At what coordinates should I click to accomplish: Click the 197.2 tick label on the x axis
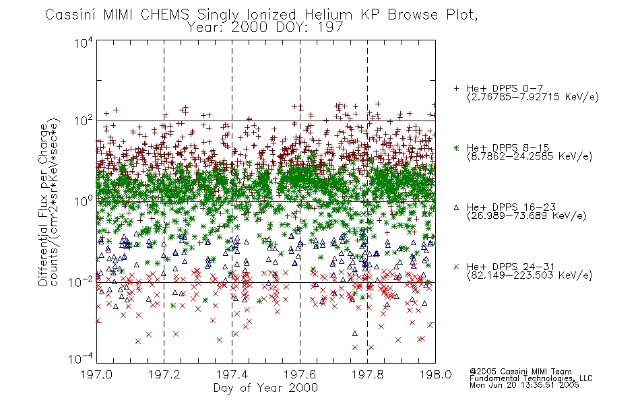click(164, 374)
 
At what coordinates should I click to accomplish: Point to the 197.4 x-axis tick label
click(232, 374)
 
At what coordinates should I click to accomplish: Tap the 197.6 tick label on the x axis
click(300, 374)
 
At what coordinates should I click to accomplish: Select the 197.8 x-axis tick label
click(368, 374)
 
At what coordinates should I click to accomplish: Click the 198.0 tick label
click(435, 374)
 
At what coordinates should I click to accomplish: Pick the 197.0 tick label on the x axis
click(96, 374)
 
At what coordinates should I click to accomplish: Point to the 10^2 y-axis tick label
click(84, 121)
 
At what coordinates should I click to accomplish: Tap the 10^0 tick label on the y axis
click(84, 201)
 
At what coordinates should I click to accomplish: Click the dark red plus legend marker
click(456, 88)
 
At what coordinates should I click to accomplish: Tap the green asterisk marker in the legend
click(456, 147)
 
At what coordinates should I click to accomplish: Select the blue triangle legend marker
click(456, 207)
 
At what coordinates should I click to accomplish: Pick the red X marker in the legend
click(456, 267)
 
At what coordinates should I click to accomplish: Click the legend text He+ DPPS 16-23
click(511, 207)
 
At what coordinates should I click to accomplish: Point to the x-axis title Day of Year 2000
click(265, 388)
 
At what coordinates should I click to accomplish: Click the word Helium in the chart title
click(329, 15)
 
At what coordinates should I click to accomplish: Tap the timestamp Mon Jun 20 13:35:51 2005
click(524, 385)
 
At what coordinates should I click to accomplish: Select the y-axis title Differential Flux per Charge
click(43, 205)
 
